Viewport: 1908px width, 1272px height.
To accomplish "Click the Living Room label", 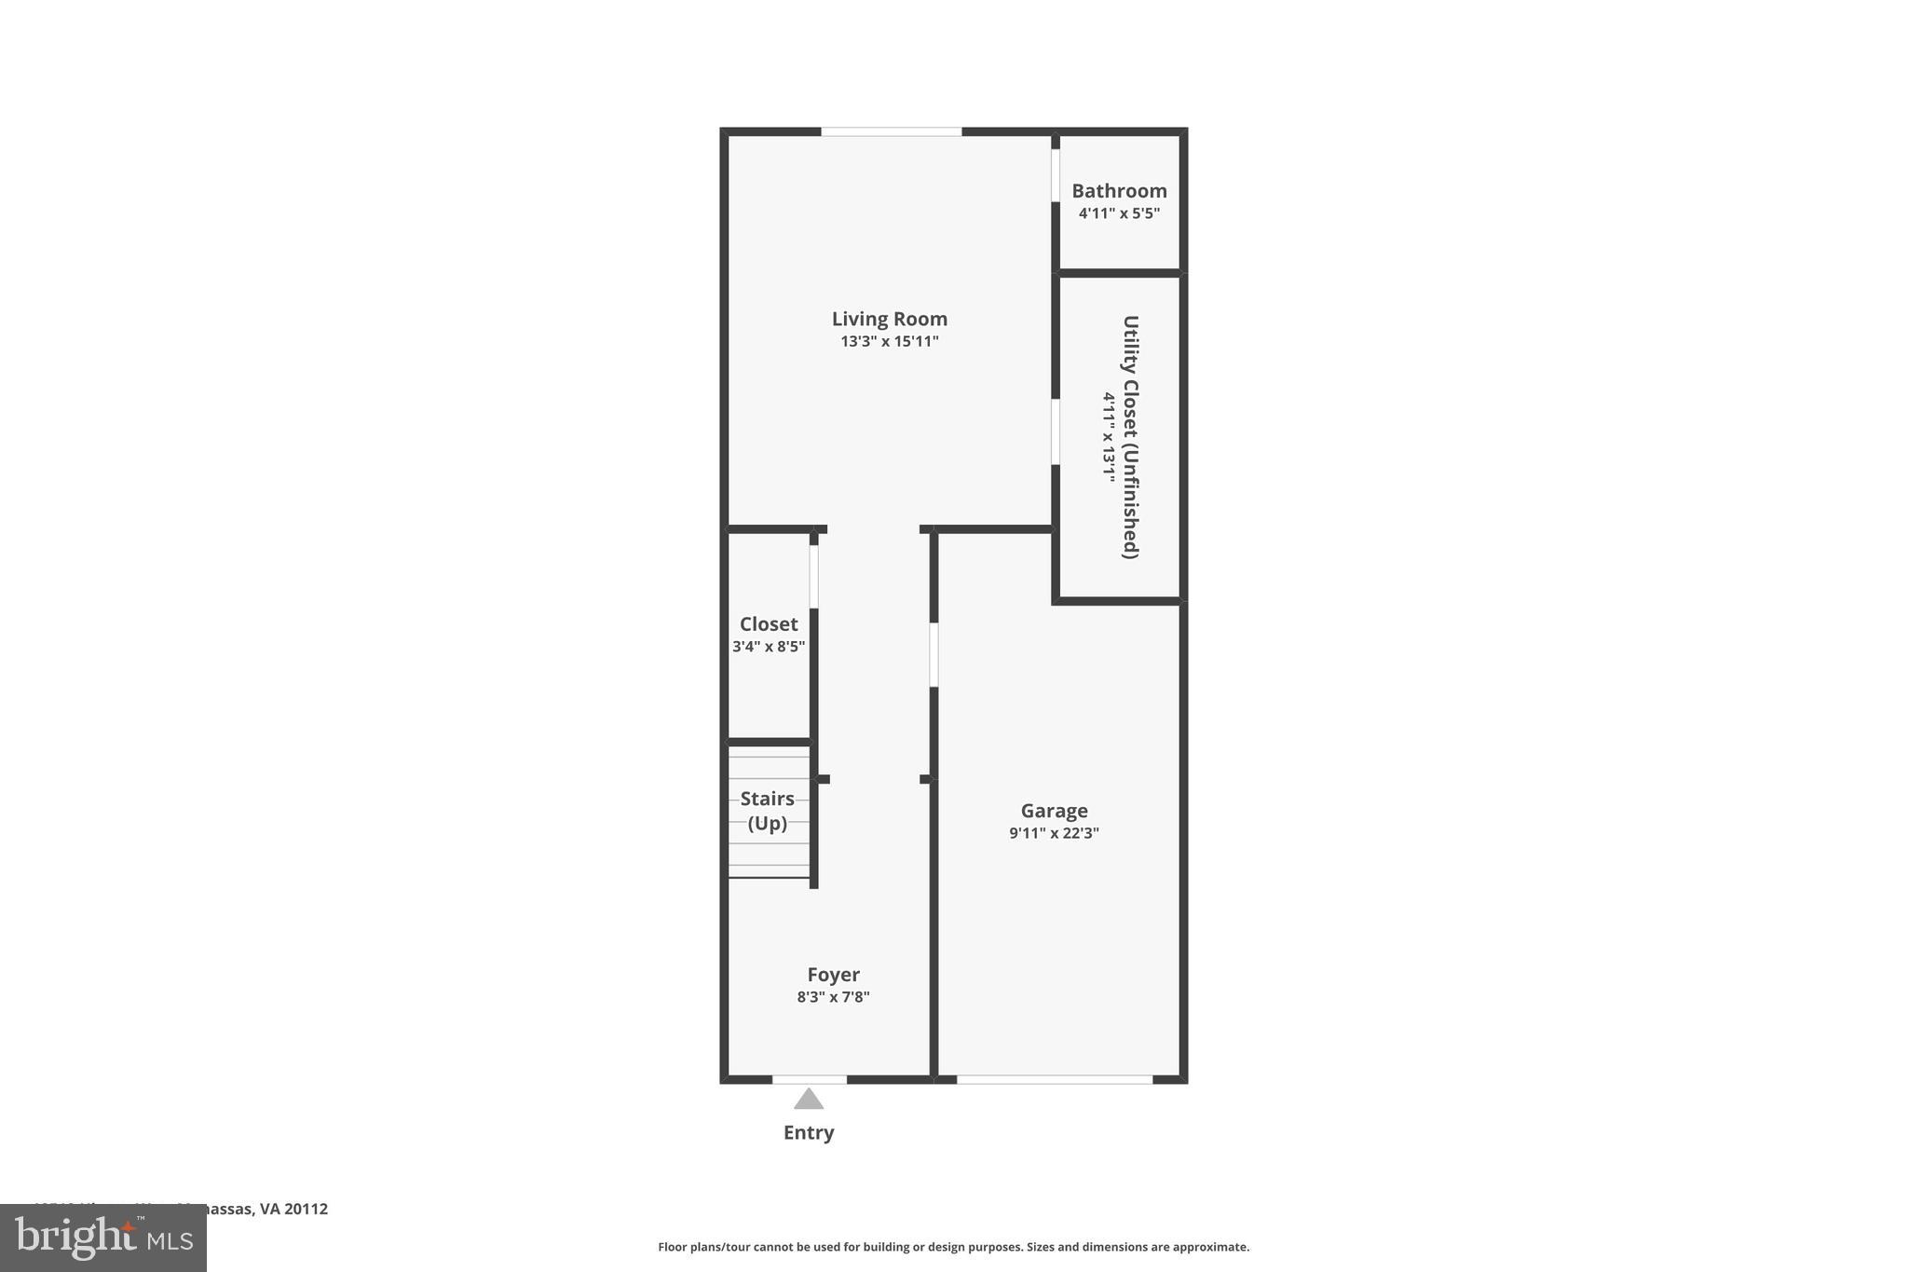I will [x=889, y=320].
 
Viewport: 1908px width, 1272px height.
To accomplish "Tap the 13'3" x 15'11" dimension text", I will [x=889, y=342].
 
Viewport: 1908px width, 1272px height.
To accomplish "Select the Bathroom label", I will [x=1119, y=191].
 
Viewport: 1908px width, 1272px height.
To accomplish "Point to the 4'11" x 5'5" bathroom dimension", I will [x=1119, y=213].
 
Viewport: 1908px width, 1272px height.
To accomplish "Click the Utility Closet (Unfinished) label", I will [x=1130, y=437].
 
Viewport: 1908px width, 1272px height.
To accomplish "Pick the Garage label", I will [x=1054, y=812].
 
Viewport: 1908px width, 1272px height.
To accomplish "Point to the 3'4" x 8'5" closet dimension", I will [x=769, y=647].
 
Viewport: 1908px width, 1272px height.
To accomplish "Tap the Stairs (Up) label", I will [x=768, y=811].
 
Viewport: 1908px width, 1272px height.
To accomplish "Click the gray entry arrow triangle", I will [x=809, y=1101].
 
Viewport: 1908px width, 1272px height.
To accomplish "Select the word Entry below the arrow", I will [x=809, y=1133].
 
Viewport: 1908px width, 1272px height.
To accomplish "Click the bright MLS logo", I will [x=103, y=1238].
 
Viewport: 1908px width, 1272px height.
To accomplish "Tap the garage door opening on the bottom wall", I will [x=1055, y=1079].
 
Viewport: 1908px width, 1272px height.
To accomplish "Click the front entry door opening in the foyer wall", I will [x=810, y=1079].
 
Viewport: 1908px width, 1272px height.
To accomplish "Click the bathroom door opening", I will [x=1056, y=175].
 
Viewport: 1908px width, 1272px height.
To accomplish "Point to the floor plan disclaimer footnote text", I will [x=953, y=1247].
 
